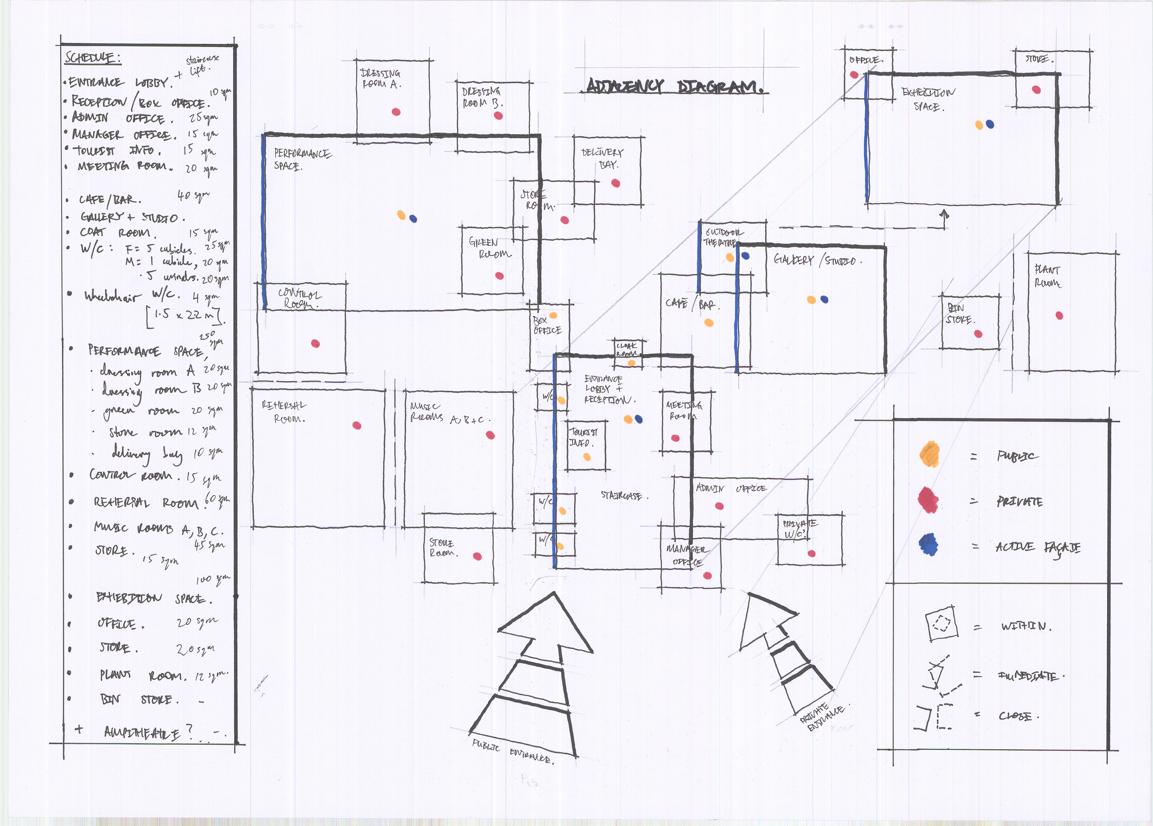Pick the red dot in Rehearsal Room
tap(357, 425)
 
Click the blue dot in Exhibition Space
tap(989, 124)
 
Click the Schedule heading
tap(92, 58)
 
